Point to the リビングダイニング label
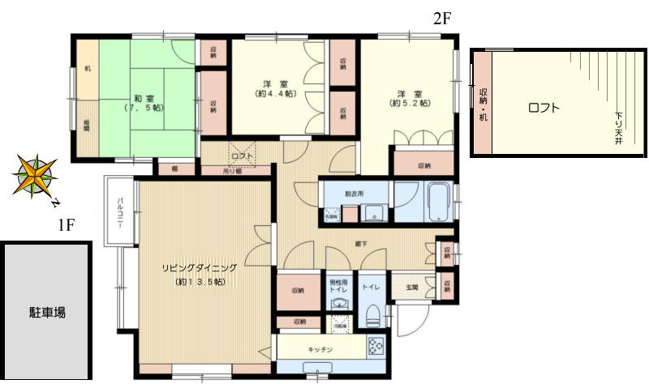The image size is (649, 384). [199, 267]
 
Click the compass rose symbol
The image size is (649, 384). [35, 175]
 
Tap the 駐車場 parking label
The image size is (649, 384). [44, 313]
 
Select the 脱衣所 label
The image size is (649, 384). [354, 194]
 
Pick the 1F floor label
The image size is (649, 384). [67, 225]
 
